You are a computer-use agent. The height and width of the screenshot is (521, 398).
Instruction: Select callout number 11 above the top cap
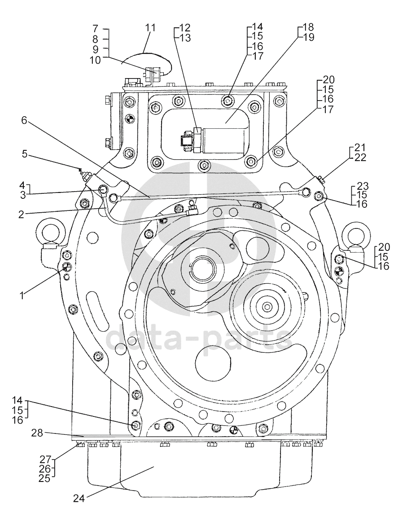pyautogui.click(x=150, y=28)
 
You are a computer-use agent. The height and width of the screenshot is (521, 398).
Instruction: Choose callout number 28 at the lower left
pyautogui.click(x=37, y=433)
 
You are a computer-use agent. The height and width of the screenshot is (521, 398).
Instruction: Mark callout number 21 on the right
pyautogui.click(x=360, y=148)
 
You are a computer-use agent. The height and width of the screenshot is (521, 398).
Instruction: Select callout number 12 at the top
pyautogui.click(x=185, y=26)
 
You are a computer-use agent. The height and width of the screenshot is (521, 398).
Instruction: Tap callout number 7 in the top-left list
pyautogui.click(x=95, y=29)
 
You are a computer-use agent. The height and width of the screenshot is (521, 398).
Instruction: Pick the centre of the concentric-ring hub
pyautogui.click(x=267, y=307)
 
